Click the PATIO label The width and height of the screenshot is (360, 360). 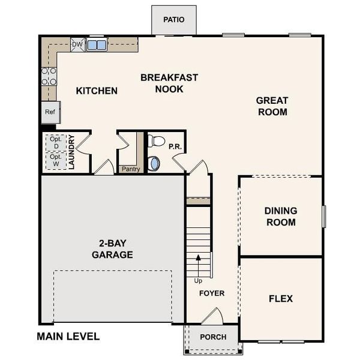173,19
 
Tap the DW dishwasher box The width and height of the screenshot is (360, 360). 77,44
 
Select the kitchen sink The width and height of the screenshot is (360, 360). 97,45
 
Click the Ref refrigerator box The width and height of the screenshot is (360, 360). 50,112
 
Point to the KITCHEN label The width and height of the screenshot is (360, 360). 97,91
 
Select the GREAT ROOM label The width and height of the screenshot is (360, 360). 272,106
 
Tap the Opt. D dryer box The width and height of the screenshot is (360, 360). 56,143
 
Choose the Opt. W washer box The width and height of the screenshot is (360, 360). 56,161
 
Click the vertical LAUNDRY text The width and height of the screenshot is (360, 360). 71,152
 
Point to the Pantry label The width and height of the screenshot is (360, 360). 130,169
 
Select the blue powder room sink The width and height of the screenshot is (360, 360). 154,163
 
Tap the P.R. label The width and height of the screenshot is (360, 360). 175,145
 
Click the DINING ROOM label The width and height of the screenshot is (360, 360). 280,217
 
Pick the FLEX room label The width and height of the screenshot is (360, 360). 280,298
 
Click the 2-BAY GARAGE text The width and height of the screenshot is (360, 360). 112,249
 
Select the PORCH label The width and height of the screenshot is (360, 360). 213,337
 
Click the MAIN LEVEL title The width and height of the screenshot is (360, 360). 68,337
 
